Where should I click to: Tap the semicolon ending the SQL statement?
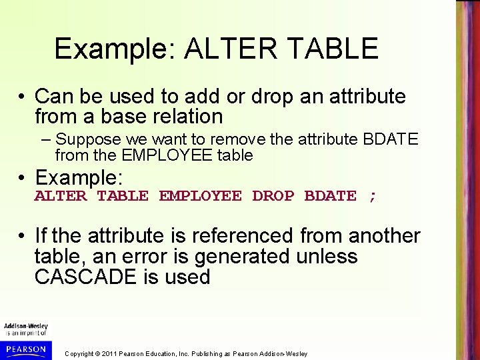(x=373, y=196)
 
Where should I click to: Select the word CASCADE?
(x=87, y=277)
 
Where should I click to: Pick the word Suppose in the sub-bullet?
(x=83, y=141)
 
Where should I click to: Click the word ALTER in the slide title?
(x=218, y=49)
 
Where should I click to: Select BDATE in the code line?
(x=331, y=196)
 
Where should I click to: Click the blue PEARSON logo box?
(x=24, y=349)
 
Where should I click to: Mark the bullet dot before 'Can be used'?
(x=23, y=97)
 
